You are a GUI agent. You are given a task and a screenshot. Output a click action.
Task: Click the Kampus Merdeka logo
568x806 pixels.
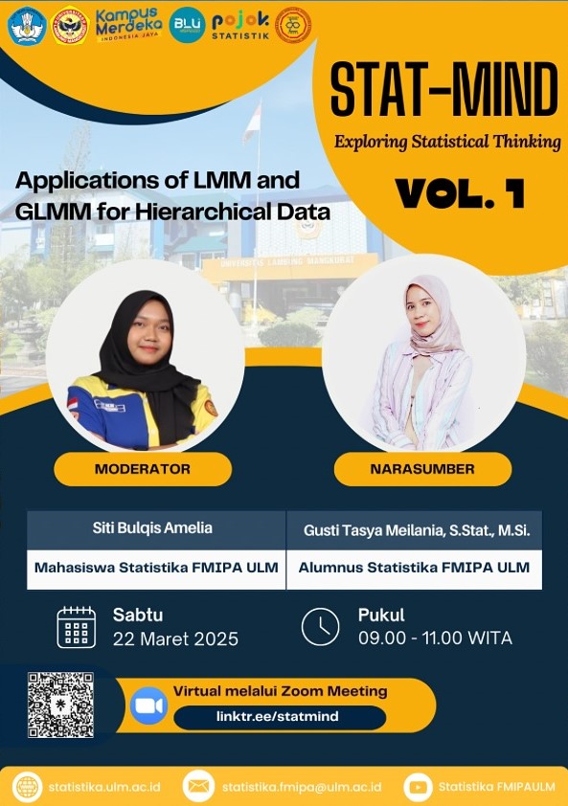click(x=128, y=25)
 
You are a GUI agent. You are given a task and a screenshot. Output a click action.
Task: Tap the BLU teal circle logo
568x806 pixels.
click(x=187, y=25)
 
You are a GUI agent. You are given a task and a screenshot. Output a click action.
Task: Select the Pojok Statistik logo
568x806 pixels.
click(x=240, y=26)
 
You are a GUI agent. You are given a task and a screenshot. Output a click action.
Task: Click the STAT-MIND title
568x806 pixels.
click(x=444, y=89)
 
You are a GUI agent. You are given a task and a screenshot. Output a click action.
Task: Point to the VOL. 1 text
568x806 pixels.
click(x=460, y=193)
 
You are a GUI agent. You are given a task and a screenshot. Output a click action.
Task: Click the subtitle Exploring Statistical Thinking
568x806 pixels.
click(x=447, y=142)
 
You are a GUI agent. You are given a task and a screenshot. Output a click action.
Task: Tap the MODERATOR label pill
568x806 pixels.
click(x=143, y=469)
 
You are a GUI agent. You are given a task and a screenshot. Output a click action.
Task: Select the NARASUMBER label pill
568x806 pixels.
click(x=422, y=469)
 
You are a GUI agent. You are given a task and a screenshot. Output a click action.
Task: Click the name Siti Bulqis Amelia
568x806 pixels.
click(x=152, y=527)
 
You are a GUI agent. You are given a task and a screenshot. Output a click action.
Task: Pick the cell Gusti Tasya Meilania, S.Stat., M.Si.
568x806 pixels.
click(x=414, y=530)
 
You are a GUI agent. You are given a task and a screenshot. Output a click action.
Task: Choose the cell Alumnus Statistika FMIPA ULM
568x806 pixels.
click(x=414, y=569)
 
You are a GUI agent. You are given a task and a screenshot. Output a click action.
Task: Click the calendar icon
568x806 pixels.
click(x=76, y=627)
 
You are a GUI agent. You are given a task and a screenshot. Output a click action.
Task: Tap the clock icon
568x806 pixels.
click(x=320, y=627)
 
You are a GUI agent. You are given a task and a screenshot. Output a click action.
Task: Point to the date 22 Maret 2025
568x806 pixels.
click(x=175, y=638)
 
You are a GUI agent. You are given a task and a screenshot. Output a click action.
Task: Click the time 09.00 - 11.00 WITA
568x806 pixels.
click(x=435, y=638)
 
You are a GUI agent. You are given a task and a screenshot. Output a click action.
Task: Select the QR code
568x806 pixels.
click(x=60, y=705)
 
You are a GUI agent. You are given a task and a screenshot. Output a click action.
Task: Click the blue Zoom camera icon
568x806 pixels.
click(x=148, y=705)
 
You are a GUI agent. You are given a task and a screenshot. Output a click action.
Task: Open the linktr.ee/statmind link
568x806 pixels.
click(x=278, y=717)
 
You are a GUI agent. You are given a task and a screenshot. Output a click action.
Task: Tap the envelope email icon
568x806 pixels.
click(x=198, y=787)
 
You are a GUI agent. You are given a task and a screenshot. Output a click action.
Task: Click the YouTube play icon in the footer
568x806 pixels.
click(x=418, y=787)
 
